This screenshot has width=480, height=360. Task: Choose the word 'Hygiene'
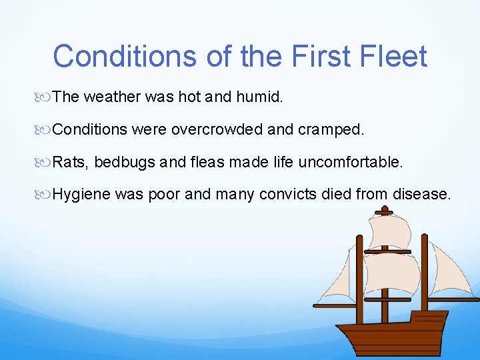pyautogui.click(x=81, y=195)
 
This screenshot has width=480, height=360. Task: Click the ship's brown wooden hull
pyautogui.click(x=393, y=337)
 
